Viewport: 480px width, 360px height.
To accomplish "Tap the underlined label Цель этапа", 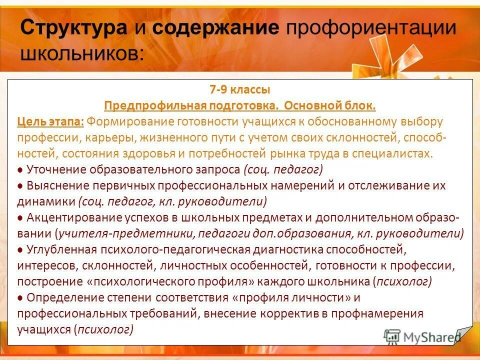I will [50, 121].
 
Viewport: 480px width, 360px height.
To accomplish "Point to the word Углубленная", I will [59, 249].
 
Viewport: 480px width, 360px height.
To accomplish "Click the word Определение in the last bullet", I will [59, 297].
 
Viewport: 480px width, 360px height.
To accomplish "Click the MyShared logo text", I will [430, 336].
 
